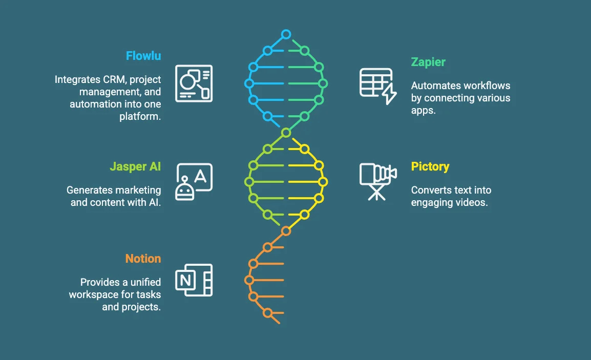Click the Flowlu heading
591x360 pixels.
click(143, 56)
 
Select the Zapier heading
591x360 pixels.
click(428, 62)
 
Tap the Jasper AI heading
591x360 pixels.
click(135, 167)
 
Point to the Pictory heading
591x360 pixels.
click(430, 167)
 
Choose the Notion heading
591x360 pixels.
click(143, 259)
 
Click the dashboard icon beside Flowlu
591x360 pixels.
click(194, 83)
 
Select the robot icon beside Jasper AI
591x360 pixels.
click(194, 181)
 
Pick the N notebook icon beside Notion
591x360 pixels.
click(194, 280)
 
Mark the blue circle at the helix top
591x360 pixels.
click(286, 35)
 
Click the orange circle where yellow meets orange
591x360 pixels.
click(286, 231)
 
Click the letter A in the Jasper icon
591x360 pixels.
click(201, 176)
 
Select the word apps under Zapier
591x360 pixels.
click(423, 110)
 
